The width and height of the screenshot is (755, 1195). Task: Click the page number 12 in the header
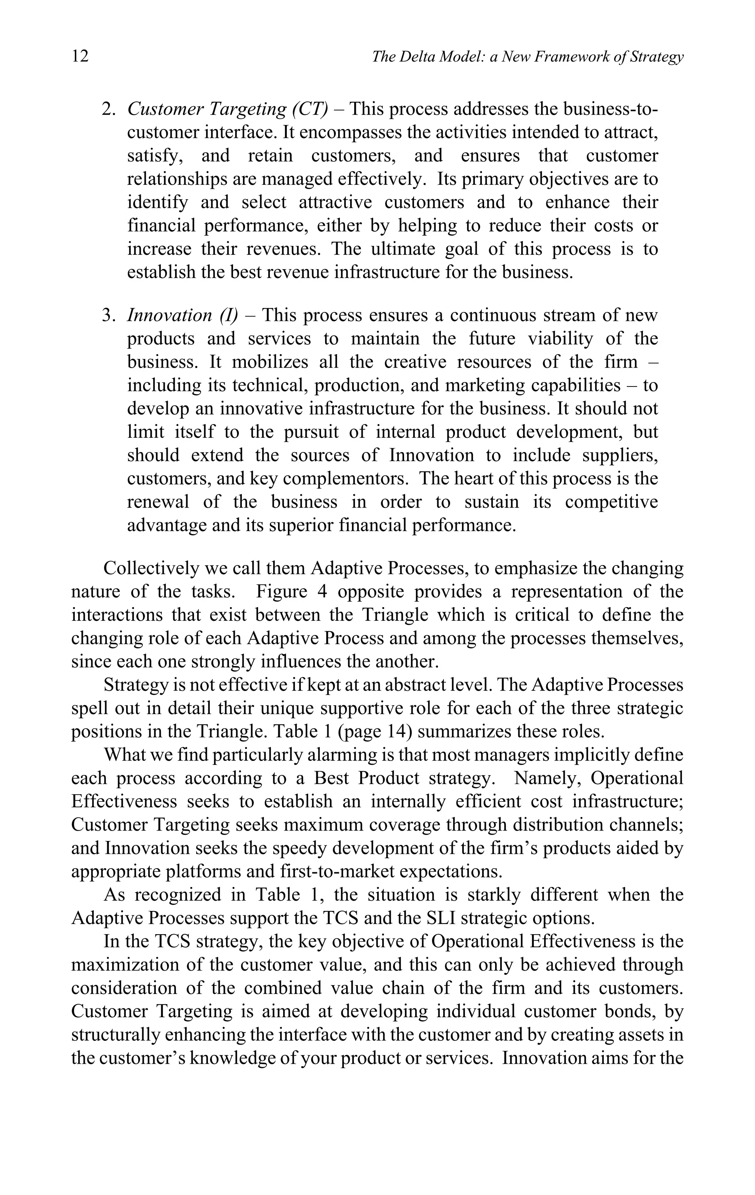point(80,56)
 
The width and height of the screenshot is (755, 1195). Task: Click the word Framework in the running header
point(567,57)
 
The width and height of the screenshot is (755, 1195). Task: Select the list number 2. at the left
point(109,109)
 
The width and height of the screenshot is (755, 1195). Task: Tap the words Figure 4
point(291,592)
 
